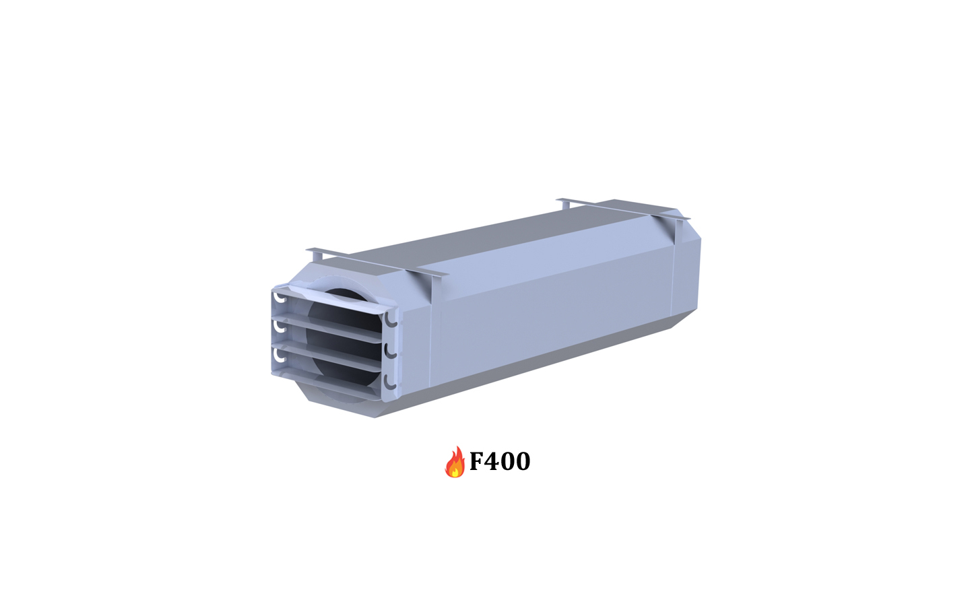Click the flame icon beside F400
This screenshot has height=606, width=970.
(455, 462)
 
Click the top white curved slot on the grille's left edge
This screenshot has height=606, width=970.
(279, 296)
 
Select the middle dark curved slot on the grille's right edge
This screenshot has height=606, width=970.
(389, 351)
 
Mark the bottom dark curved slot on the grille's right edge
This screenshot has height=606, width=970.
(389, 381)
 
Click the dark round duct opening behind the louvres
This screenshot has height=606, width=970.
(344, 337)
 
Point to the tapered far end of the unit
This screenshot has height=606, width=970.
(687, 269)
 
